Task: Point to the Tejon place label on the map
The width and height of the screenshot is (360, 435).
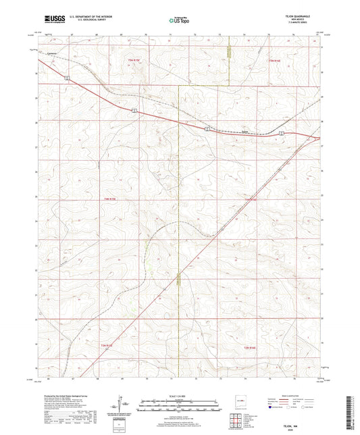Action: coord(245,132)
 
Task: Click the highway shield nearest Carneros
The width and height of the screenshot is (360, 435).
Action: coord(67,78)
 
